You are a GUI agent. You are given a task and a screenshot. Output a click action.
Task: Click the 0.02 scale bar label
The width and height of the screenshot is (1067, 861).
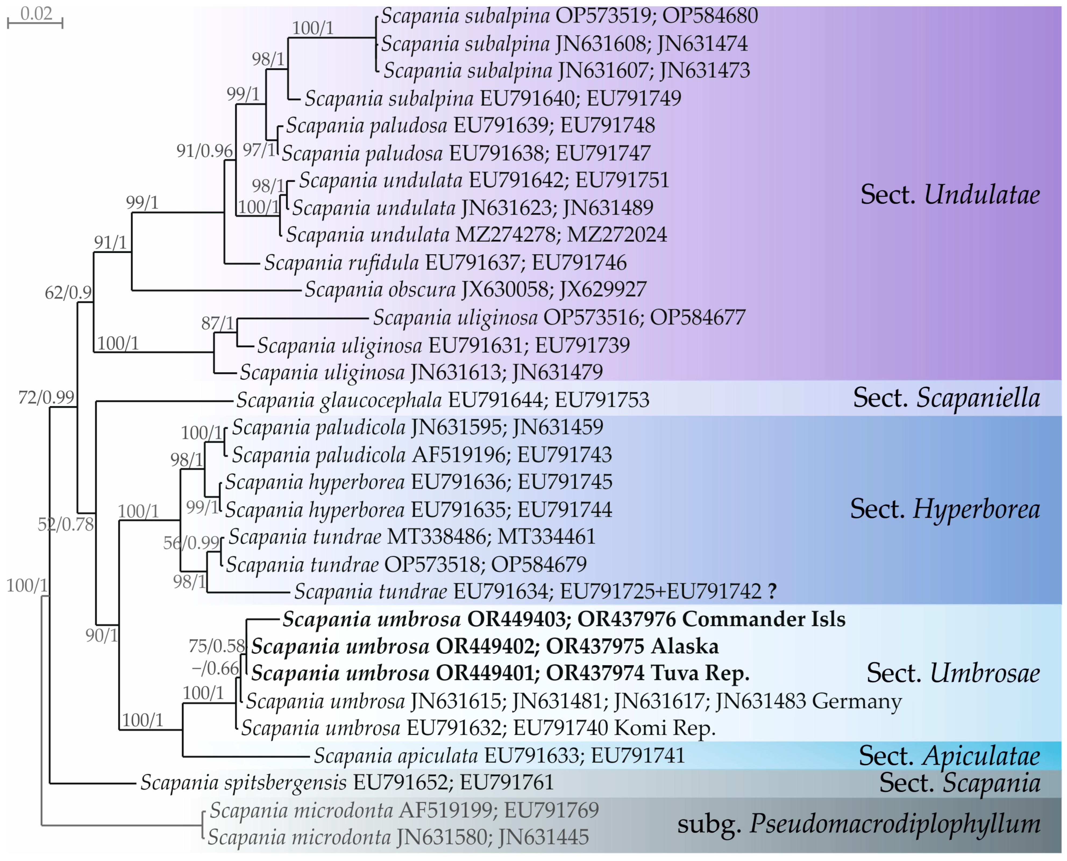36,13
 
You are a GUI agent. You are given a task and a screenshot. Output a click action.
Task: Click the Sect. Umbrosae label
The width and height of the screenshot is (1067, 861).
953,673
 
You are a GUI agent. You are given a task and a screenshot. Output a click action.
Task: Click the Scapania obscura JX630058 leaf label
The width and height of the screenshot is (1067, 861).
475,290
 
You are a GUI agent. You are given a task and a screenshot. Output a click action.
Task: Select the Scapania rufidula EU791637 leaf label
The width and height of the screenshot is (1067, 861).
445,262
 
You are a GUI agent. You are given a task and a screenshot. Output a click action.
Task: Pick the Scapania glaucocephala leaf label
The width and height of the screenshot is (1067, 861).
442,400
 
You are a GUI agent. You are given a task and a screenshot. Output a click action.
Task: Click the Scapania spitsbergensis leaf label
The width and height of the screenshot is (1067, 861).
347,783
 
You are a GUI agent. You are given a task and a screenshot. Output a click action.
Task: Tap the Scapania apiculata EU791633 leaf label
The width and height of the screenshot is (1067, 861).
499,756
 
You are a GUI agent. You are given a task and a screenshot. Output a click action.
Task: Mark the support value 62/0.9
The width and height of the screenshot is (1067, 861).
68,293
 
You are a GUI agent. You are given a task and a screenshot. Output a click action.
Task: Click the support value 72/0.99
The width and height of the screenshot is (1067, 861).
46,397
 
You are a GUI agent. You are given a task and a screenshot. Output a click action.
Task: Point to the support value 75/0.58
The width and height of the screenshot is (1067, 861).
217,646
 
